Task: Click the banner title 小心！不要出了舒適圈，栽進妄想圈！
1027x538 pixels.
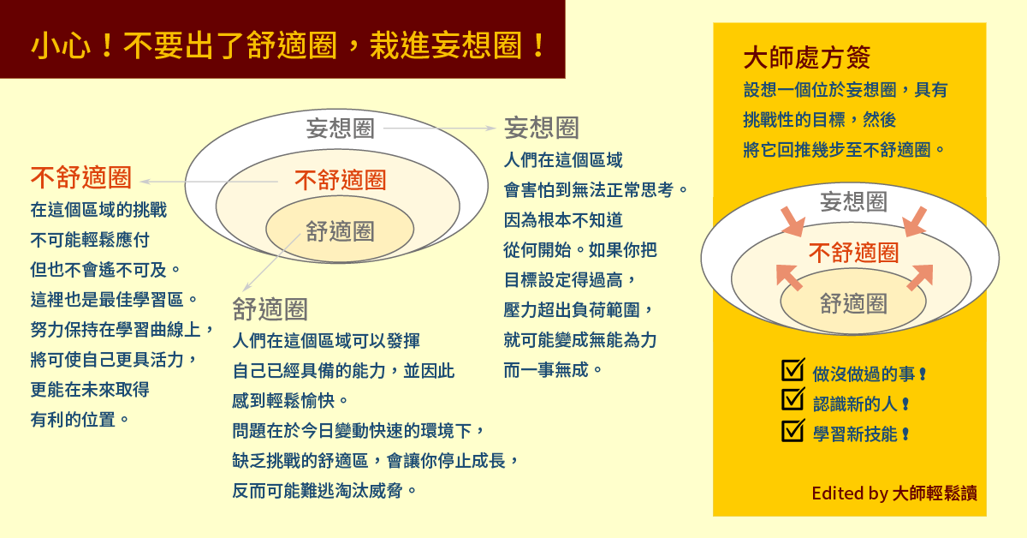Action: pos(288,45)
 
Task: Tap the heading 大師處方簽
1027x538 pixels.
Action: pos(806,58)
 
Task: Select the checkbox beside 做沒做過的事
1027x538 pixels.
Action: pos(793,369)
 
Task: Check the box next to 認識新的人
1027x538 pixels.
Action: pos(793,399)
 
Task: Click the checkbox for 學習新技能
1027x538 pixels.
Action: pos(793,430)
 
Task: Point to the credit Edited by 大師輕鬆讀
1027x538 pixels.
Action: pos(894,493)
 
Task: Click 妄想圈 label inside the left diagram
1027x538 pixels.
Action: pos(341,128)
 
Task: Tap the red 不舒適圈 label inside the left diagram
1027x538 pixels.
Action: pos(341,180)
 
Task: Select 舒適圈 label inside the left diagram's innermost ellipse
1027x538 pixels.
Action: pos(341,231)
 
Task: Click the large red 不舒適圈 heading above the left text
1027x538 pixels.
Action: pos(81,177)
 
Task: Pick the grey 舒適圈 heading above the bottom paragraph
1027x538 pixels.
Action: pos(270,309)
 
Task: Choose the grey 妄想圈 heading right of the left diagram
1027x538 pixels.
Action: pos(542,128)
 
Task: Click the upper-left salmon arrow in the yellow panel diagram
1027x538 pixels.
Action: pos(793,222)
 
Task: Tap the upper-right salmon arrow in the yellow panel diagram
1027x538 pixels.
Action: pos(915,222)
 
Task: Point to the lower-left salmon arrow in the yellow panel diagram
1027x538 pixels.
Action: pos(788,278)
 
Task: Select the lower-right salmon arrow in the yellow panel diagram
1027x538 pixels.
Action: pos(920,278)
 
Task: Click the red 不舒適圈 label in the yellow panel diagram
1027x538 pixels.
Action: pos(854,253)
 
